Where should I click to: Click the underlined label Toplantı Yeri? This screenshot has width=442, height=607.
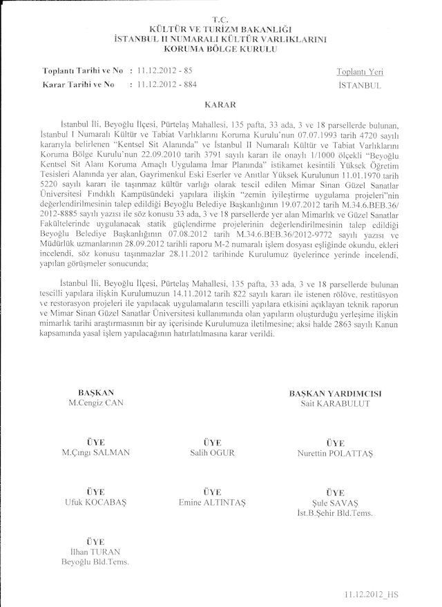tap(360, 72)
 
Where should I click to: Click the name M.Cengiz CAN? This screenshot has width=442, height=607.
tap(96, 403)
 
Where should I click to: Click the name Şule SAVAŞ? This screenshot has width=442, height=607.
tap(334, 503)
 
